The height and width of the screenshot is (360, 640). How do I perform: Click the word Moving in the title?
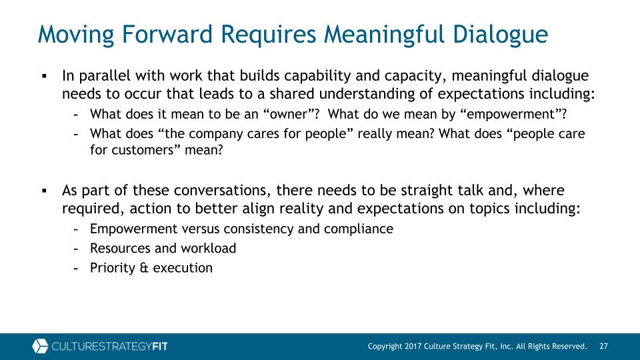[76, 34]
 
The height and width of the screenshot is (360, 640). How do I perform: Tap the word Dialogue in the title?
[500, 34]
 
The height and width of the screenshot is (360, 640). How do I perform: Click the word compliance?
[359, 229]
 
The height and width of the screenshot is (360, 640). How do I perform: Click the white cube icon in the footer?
[40, 346]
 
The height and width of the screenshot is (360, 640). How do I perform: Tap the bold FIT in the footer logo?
[160, 347]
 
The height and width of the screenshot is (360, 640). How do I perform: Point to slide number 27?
[604, 346]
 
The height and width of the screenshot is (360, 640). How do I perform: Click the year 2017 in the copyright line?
[413, 346]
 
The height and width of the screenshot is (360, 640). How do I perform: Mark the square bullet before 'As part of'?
[45, 190]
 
